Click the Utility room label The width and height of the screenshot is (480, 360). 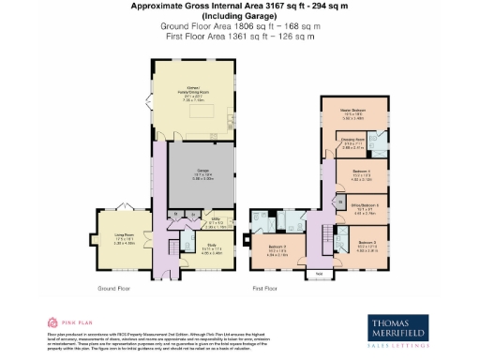tap(215, 223)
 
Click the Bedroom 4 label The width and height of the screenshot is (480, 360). tap(362, 173)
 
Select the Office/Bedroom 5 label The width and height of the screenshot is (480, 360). tap(364, 209)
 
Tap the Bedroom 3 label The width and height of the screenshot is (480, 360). tap(367, 247)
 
